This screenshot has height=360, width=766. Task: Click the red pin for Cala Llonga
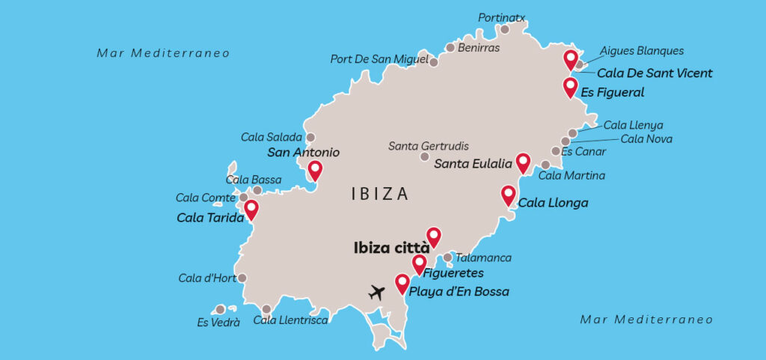click(x=509, y=195)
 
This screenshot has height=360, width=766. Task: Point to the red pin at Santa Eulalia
click(x=524, y=162)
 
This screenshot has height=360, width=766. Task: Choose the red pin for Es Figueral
click(x=571, y=88)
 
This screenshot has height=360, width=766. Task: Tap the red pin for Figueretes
click(x=420, y=263)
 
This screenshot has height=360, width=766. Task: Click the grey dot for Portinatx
click(x=505, y=30)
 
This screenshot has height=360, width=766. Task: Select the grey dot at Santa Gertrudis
click(x=425, y=157)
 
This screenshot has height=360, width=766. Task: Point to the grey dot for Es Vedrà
click(x=220, y=309)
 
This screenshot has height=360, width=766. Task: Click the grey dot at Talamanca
click(x=447, y=257)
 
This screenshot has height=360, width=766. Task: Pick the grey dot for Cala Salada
click(x=310, y=138)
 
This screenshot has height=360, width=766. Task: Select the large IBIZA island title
click(x=380, y=195)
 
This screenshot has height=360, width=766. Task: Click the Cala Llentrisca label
click(x=290, y=320)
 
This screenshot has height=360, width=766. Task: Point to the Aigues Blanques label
click(x=642, y=51)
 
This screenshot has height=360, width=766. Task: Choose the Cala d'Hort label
click(x=207, y=278)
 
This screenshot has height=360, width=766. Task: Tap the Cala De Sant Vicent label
click(x=655, y=73)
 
